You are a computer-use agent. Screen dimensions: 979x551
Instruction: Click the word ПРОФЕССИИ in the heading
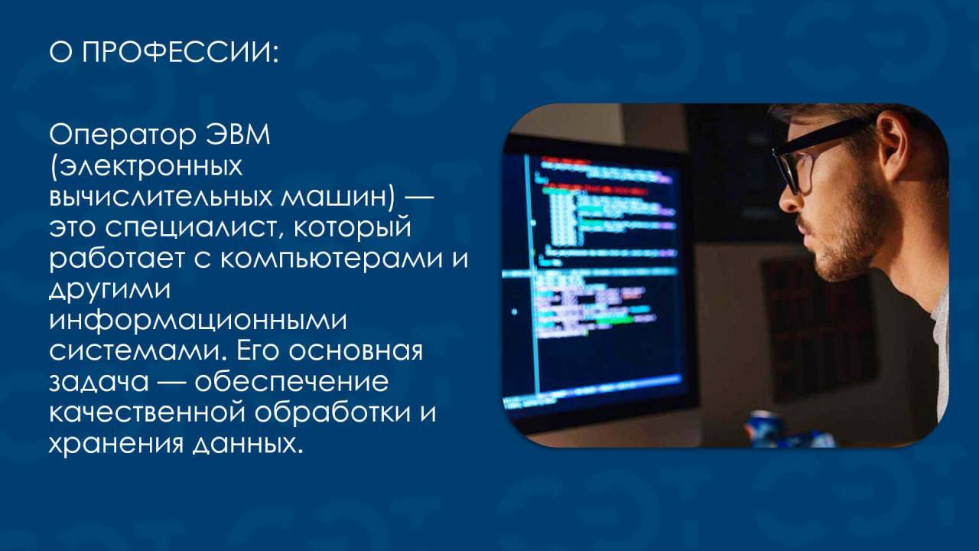point(180,53)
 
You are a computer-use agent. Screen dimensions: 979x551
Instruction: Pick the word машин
point(334,197)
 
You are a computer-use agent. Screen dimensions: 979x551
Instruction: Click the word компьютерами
point(331,259)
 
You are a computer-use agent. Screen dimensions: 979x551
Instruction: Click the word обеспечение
point(291,381)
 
